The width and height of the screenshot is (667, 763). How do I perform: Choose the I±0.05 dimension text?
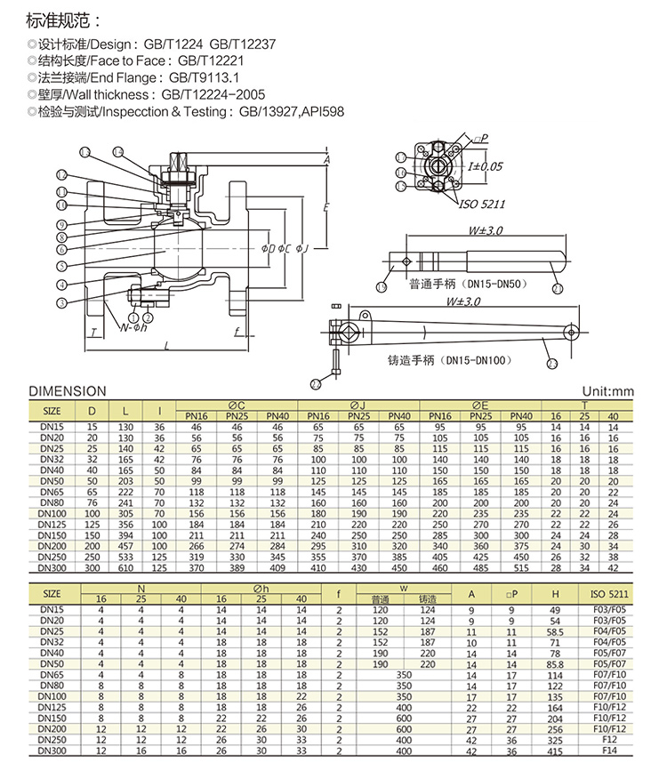(486, 165)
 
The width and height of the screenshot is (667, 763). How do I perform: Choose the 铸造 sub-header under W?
(426, 599)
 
